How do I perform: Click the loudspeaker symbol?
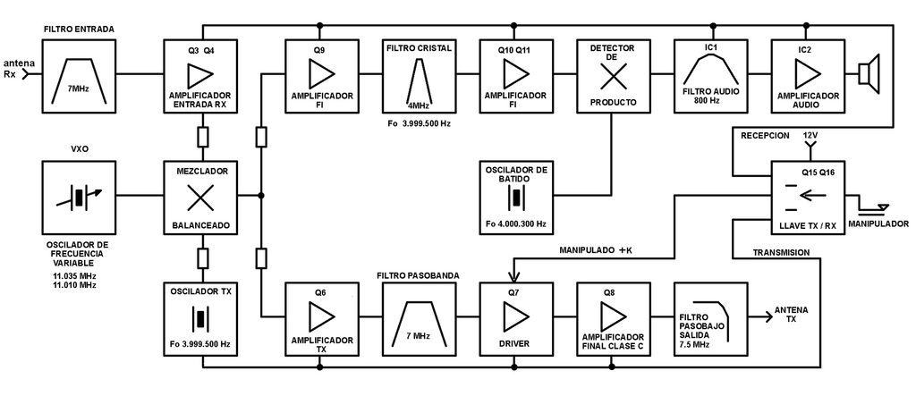[869, 74]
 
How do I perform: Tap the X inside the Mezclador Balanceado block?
[199, 198]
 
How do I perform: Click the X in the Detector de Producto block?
[613, 75]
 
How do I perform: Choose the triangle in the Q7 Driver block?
[516, 316]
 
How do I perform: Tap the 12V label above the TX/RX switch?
[810, 135]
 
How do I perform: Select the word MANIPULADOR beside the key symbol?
[879, 223]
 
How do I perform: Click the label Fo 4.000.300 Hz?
[516, 223]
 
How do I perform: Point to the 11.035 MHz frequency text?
[73, 275]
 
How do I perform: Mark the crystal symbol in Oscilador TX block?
[199, 319]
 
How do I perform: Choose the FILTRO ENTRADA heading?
[79, 29]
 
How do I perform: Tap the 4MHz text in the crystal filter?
[419, 105]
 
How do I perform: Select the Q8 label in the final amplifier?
[612, 292]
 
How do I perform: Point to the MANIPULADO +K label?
[596, 250]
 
